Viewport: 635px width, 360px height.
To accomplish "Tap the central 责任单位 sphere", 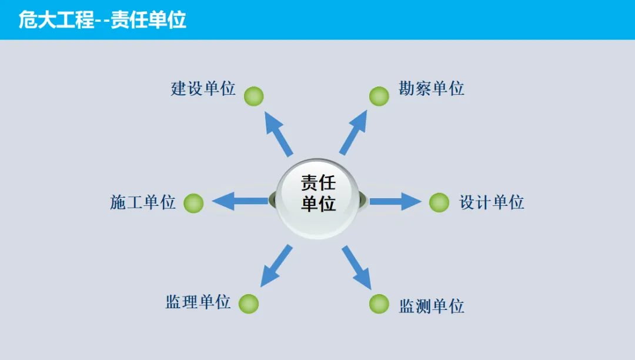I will click(x=318, y=199).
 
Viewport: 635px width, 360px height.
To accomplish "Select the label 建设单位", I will click(x=203, y=89).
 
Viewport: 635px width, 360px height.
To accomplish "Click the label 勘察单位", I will click(x=432, y=89).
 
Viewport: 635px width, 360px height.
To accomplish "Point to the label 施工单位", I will click(x=143, y=202).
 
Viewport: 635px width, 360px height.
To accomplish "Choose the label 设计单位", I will click(x=492, y=202).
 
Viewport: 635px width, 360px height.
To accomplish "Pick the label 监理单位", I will click(x=198, y=302).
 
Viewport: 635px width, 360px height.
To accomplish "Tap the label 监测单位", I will click(x=432, y=306).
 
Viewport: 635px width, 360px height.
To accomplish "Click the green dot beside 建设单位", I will click(x=253, y=96).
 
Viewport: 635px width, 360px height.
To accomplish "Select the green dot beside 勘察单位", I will click(x=379, y=96).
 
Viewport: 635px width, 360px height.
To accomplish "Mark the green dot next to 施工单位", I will click(x=193, y=203).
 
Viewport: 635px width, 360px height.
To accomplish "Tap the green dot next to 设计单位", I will click(x=439, y=202).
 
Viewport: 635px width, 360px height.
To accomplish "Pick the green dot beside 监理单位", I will click(x=249, y=304).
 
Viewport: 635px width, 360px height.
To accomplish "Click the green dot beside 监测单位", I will click(x=379, y=304).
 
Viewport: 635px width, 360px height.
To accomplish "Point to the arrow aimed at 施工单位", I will click(x=239, y=201).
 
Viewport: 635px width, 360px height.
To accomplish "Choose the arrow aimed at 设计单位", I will click(x=395, y=201).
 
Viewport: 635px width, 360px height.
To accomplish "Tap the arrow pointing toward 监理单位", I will click(x=276, y=266).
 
